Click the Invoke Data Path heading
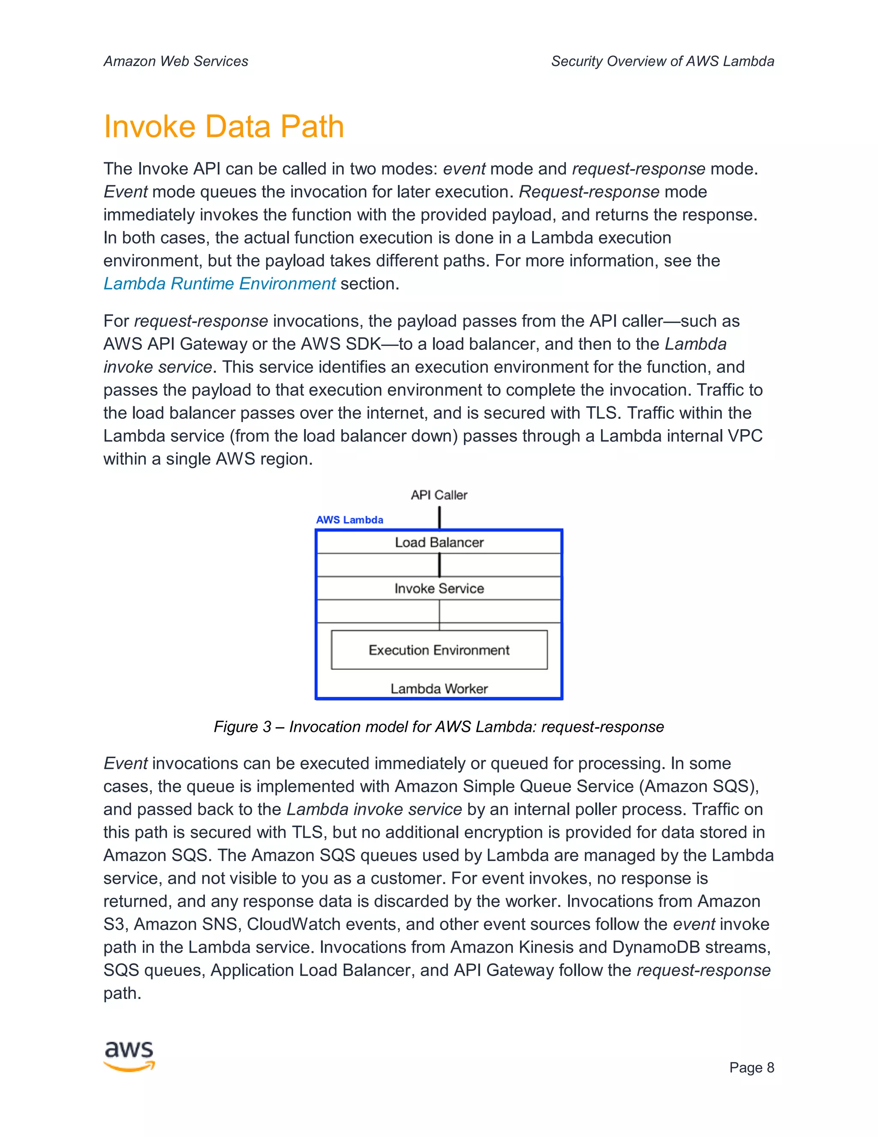pyautogui.click(x=224, y=127)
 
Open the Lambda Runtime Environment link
pyautogui.click(x=219, y=284)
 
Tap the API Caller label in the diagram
pyautogui.click(x=439, y=495)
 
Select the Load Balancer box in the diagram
pyautogui.click(x=439, y=542)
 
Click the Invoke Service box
pyautogui.click(x=439, y=588)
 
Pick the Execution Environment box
pyautogui.click(x=439, y=650)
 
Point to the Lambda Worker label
pyautogui.click(x=439, y=689)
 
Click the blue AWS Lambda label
pyautogui.click(x=349, y=520)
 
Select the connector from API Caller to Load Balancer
pyautogui.click(x=439, y=517)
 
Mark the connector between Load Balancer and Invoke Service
pyautogui.click(x=439, y=565)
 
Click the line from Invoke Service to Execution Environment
pyautogui.click(x=439, y=614)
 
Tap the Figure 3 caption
pyautogui.click(x=439, y=727)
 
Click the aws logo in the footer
pyautogui.click(x=129, y=1056)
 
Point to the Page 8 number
pyautogui.click(x=751, y=1068)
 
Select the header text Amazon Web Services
pyautogui.click(x=176, y=61)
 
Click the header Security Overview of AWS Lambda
pyautogui.click(x=662, y=61)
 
